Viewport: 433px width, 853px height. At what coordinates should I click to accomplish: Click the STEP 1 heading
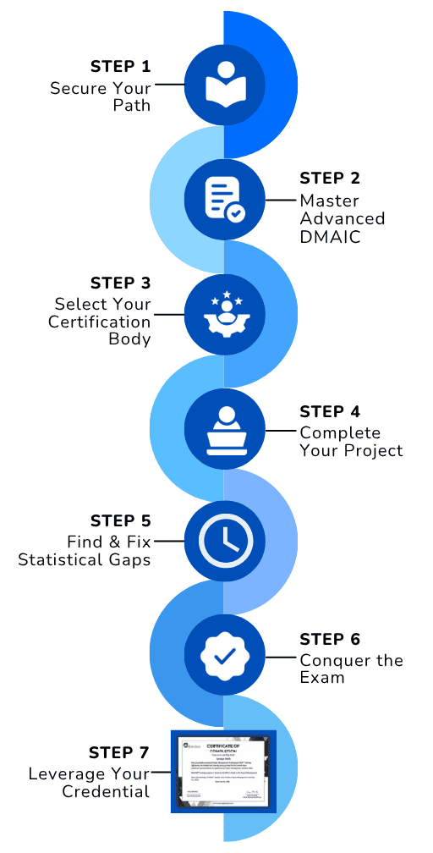[120, 67]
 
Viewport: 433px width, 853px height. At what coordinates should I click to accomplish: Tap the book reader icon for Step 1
[224, 84]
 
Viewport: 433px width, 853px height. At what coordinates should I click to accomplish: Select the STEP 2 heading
[330, 179]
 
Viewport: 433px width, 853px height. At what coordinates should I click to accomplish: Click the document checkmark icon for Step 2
[224, 200]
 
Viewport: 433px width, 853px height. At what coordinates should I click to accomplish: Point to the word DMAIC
[330, 238]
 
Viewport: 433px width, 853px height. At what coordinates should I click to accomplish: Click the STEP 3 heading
[120, 283]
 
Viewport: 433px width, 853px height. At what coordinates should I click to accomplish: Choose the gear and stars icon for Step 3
[224, 313]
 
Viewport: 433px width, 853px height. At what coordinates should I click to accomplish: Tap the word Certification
[100, 322]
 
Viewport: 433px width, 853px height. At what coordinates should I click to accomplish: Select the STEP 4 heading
[330, 412]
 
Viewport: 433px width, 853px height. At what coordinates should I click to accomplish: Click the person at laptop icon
[224, 429]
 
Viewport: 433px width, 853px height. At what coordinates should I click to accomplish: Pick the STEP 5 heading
[120, 520]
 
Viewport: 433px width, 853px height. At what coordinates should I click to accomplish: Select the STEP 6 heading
[330, 640]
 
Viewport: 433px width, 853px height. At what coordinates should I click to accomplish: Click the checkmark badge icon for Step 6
[224, 656]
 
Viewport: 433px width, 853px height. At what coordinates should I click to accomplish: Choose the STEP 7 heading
[120, 753]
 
